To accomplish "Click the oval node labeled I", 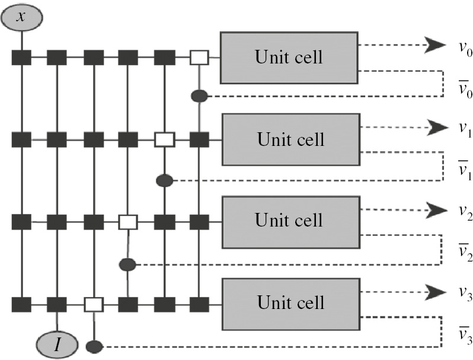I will click(57, 344).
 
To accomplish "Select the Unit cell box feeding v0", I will click(289, 58).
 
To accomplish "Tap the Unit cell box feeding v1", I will click(290, 139).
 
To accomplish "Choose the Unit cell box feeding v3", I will click(290, 302).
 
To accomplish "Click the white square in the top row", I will click(199, 58).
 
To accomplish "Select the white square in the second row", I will click(164, 140).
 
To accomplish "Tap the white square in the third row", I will click(128, 222).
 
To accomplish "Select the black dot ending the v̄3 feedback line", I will click(93, 346).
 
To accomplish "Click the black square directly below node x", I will click(21, 58).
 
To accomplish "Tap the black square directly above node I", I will click(57, 305).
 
